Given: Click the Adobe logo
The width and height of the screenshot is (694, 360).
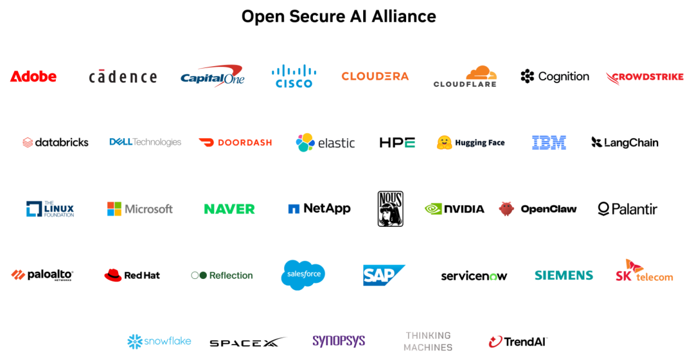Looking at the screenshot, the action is [33, 76].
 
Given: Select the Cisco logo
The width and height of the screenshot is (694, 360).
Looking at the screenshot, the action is [294, 76].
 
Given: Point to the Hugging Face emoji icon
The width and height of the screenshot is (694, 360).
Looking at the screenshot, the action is [445, 142].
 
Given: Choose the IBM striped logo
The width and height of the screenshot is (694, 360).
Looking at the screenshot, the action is [549, 143].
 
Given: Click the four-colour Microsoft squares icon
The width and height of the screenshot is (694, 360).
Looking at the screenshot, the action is [114, 208].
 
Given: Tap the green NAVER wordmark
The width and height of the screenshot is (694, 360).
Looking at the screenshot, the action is [229, 209].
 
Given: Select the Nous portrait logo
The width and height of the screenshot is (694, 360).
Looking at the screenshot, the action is [391, 208].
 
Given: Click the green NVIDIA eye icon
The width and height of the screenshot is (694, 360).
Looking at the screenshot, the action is [433, 208].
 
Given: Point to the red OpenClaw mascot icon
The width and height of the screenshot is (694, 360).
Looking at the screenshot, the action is [506, 208].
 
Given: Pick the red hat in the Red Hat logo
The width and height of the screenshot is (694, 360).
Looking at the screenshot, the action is [113, 275].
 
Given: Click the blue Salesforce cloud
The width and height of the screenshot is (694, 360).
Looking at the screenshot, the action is [303, 274].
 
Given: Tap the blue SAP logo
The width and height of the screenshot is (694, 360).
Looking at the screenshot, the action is [384, 275].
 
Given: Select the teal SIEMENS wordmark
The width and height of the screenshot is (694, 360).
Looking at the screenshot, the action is [564, 275].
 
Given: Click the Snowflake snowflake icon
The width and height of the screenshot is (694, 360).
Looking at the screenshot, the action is [135, 341].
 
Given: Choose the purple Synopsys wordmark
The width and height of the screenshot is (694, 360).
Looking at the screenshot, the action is [339, 341].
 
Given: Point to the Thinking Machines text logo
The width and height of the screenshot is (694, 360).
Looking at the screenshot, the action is [428, 341].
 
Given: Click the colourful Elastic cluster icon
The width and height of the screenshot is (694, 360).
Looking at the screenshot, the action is [305, 143].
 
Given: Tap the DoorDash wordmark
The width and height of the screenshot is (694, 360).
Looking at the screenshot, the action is [245, 143].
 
